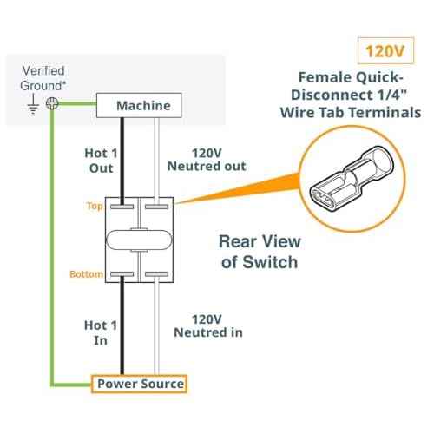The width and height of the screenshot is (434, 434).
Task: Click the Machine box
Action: [139, 105]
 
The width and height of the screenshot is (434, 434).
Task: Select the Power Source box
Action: [139, 384]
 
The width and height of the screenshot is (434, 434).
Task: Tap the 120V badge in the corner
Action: [385, 50]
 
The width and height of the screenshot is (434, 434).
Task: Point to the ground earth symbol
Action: [33, 104]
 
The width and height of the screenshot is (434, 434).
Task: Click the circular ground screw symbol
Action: [52, 103]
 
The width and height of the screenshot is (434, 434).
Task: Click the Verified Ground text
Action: [43, 78]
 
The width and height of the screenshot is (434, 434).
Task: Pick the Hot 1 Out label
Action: [101, 161]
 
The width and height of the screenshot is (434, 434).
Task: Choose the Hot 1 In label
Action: [101, 332]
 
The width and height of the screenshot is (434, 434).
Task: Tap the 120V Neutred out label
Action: [207, 160]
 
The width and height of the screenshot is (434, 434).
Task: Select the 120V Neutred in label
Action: [208, 325]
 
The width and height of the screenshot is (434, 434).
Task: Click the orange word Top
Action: [95, 206]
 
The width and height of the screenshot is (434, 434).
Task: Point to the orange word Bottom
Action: [86, 273]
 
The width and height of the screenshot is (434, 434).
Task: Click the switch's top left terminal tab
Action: [122, 207]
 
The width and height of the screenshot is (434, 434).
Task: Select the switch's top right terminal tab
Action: [156, 207]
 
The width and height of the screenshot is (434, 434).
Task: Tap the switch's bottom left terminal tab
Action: [122, 274]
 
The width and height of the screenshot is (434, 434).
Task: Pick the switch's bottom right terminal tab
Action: [156, 274]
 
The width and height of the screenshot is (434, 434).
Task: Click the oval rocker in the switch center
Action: [139, 240]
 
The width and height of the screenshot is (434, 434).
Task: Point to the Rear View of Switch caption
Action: [260, 252]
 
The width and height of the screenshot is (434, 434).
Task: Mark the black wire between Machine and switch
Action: [122, 161]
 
